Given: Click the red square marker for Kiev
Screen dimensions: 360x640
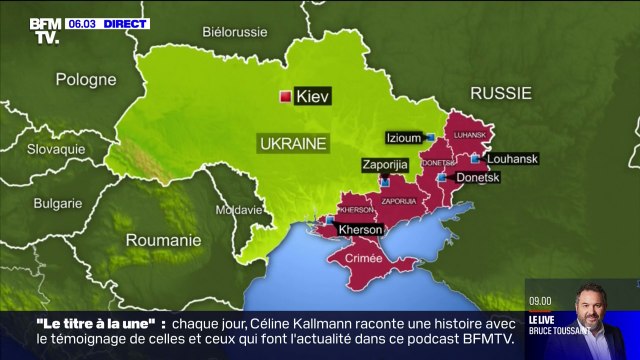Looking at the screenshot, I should (285, 97).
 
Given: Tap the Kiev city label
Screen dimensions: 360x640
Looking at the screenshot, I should (312, 97).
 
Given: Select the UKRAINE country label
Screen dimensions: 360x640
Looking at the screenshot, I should (293, 144).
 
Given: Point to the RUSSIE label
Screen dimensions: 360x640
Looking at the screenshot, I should (500, 93).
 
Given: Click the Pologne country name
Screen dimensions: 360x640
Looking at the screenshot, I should (85, 79).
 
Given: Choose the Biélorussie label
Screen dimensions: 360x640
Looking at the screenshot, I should (235, 31).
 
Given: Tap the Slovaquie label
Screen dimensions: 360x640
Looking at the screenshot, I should (56, 148).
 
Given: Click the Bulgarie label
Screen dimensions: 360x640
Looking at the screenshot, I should (58, 202).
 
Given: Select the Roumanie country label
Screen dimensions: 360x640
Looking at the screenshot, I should (163, 240).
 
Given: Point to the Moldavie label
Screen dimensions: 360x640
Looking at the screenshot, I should (238, 210).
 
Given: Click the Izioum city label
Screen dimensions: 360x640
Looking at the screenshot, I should (404, 137).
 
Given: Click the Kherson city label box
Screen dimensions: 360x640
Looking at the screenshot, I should (360, 229).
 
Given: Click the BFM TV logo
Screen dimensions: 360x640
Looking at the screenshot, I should (43, 30).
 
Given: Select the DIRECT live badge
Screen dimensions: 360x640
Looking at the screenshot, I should (125, 23).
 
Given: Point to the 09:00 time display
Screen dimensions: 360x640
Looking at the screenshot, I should (540, 300).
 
